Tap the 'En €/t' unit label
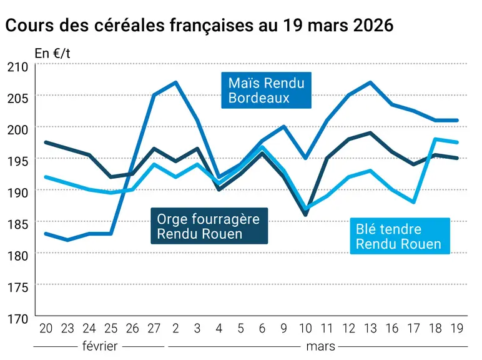(52, 54)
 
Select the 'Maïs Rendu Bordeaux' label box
(266, 90)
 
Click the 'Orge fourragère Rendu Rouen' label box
(209, 226)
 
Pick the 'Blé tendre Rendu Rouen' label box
(400, 236)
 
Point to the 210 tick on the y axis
(17, 67)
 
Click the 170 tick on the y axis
(17, 319)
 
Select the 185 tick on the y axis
(17, 224)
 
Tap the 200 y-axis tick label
(17, 130)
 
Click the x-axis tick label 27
(154, 329)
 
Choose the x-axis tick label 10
(305, 329)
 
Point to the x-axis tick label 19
(457, 329)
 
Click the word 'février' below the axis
(100, 346)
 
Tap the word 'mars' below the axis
(321, 347)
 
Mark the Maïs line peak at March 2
(175, 82)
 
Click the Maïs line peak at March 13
(370, 82)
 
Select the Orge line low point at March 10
(305, 215)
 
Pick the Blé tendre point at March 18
(435, 139)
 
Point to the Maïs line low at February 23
(67, 240)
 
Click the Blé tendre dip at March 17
(414, 202)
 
